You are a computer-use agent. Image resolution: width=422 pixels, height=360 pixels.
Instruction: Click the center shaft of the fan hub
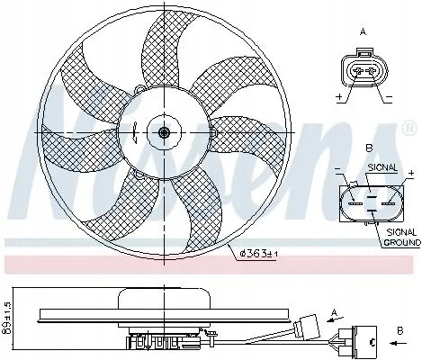tap(164, 133)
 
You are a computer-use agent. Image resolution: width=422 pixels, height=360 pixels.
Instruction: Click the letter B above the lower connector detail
tap(367, 148)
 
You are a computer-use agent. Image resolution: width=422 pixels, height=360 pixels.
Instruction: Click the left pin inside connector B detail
tap(353, 203)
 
